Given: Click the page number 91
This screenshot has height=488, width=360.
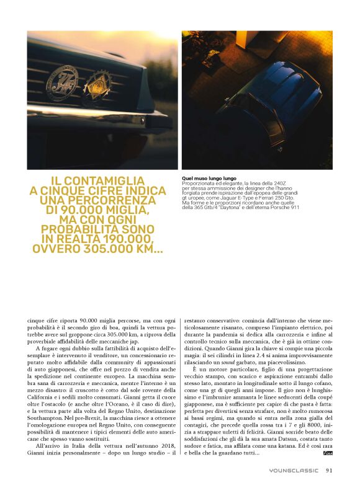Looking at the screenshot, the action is pyautogui.click(x=329, y=469).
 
